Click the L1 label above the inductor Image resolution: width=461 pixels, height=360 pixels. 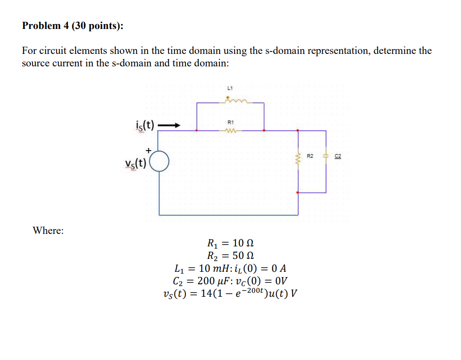[x=230, y=88]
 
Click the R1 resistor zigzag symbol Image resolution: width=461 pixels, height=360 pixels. [x=230, y=131]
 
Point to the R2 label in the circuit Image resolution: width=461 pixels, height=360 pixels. [x=311, y=156]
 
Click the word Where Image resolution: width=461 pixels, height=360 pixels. [x=48, y=230]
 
